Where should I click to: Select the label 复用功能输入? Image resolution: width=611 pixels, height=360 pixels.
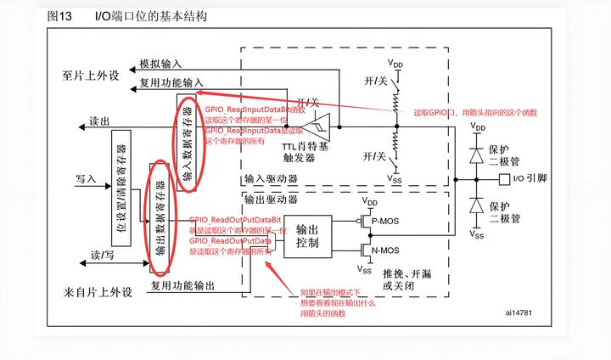tap(171, 82)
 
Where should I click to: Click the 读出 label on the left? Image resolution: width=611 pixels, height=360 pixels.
tap(99, 122)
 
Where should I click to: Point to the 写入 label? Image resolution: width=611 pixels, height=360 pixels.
tap(87, 180)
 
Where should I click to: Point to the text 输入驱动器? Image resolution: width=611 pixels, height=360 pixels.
tap(271, 180)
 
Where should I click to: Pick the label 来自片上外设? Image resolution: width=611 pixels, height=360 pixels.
tap(98, 292)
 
